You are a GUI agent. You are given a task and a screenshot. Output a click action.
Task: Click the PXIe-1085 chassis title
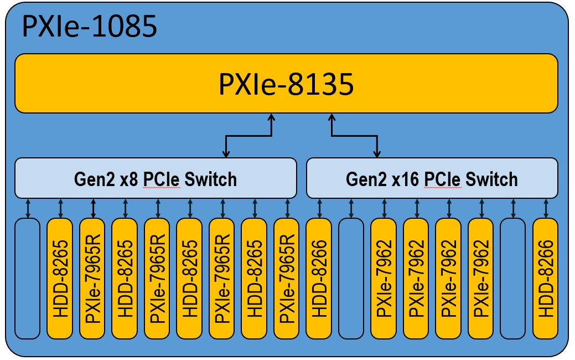point(89,27)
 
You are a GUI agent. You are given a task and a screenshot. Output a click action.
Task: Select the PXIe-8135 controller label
point(286,84)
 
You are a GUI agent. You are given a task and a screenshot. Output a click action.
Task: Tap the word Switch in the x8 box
point(210,179)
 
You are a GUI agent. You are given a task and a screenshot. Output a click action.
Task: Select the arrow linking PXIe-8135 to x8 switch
point(248,136)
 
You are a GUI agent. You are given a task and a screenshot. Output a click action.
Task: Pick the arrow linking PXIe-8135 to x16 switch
point(354,136)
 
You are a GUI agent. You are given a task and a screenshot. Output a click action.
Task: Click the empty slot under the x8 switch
point(27,279)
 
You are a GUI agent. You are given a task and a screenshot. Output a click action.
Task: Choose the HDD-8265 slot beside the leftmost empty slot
point(60,279)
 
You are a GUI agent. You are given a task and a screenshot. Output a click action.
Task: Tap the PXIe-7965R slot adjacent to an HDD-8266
point(287,279)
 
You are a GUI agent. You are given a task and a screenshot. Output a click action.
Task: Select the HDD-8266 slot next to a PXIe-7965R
point(319,279)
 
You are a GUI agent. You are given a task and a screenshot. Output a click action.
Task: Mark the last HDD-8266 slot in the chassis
point(546,279)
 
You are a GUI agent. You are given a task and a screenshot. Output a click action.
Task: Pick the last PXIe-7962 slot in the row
point(481,279)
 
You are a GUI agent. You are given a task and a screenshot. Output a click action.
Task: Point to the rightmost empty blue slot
point(513,279)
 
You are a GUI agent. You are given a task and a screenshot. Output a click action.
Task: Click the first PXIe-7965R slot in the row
point(92,279)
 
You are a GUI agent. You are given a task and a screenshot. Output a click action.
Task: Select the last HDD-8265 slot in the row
point(255,279)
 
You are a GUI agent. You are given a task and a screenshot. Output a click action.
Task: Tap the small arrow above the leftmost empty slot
point(28,208)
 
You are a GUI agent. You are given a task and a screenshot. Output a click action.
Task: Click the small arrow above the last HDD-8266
point(546,208)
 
